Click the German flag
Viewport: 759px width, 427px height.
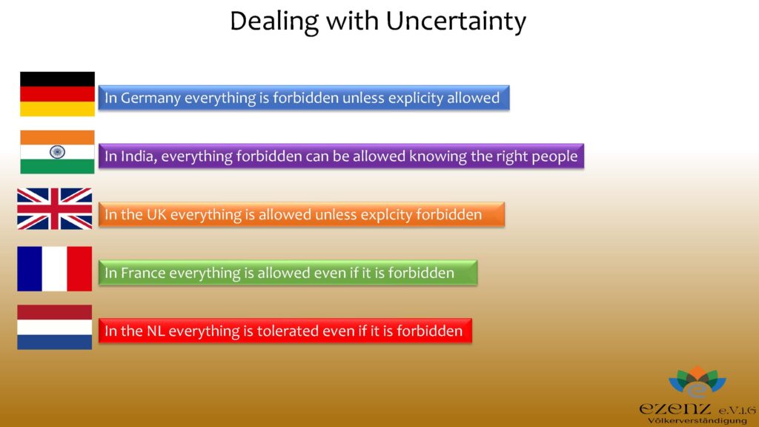pyautogui.click(x=57, y=94)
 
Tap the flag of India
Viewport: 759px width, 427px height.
pyautogui.click(x=57, y=152)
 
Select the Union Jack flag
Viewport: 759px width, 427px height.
pyautogui.click(x=54, y=208)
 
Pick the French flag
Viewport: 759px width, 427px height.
pyautogui.click(x=54, y=268)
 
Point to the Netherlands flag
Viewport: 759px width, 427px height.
pyautogui.click(x=54, y=327)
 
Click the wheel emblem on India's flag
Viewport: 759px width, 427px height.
pyautogui.click(x=57, y=152)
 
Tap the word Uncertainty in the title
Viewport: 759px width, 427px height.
pyautogui.click(x=456, y=21)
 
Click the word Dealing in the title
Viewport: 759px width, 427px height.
pyautogui.click(x=274, y=21)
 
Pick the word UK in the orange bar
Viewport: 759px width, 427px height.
pyautogui.click(x=156, y=214)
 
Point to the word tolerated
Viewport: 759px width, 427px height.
pyautogui.click(x=285, y=331)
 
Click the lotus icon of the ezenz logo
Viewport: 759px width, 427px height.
pyautogui.click(x=697, y=382)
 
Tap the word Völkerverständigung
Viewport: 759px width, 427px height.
pyautogui.click(x=697, y=420)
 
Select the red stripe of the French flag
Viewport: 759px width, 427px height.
pyautogui.click(x=79, y=268)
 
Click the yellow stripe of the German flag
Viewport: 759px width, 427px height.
pyautogui.click(x=57, y=109)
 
